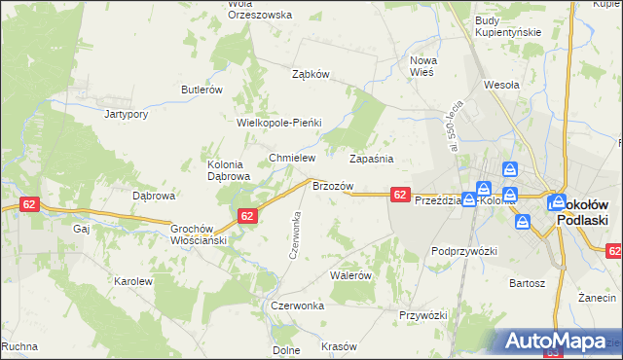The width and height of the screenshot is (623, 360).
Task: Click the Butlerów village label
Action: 202,89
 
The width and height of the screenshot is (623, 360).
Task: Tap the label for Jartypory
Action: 126,114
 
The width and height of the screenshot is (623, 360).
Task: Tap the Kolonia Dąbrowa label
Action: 230,171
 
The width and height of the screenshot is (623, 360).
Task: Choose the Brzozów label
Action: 331,185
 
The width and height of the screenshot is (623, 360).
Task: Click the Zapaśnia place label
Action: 371,158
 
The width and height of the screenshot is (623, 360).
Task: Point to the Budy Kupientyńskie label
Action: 507,26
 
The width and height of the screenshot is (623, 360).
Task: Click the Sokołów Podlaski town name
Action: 582,213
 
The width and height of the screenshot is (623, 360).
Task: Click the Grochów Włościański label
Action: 200,232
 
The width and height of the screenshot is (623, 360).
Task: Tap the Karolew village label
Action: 134,281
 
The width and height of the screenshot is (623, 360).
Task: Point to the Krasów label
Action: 340,347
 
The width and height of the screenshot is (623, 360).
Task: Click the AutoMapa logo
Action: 556,341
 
